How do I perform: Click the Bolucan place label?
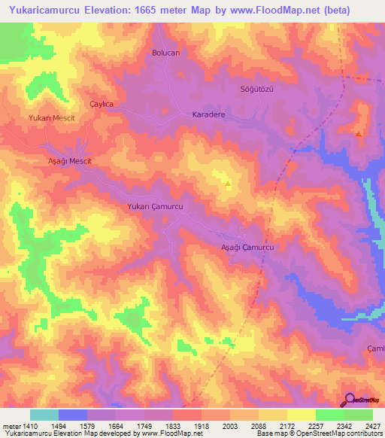point(165,53)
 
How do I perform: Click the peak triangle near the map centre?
point(229,182)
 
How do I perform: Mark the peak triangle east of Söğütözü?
point(359,134)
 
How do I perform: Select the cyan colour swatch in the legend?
point(44,415)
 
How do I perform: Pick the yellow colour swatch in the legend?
point(301,415)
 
